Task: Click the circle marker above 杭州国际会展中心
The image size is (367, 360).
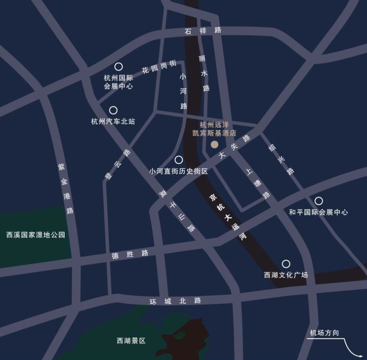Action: point(118,66)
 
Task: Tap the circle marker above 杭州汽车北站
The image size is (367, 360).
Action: point(113,110)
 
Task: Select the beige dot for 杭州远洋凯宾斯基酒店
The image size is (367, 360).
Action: point(215,145)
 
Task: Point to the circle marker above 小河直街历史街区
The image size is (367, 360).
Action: point(179,160)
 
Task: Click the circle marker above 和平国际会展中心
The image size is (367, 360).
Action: point(319,201)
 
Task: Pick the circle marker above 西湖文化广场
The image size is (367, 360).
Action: point(286,264)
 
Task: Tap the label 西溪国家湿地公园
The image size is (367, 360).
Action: point(36,235)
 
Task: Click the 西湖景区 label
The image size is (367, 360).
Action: point(131,341)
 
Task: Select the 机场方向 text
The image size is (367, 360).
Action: point(324,333)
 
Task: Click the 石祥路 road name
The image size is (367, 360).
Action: point(203,30)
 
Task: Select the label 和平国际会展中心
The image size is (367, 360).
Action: point(318,212)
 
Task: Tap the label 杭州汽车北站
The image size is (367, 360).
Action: point(113,121)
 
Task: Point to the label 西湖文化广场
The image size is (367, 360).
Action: point(286,275)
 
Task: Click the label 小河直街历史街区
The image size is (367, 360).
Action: point(179,171)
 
